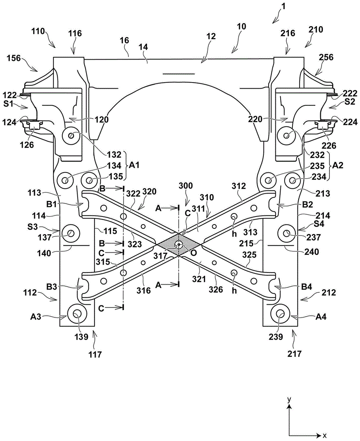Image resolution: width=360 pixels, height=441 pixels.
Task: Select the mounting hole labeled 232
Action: click(x=287, y=136)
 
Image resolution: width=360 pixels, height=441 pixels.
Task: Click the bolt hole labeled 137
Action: click(x=70, y=233)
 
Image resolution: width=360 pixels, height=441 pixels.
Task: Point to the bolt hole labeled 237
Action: click(x=287, y=233)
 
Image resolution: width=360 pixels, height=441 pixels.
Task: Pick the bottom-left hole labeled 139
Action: click(x=77, y=314)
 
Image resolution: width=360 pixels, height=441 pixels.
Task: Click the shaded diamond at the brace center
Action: click(x=178, y=244)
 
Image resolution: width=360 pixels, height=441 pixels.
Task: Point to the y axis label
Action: click(x=289, y=399)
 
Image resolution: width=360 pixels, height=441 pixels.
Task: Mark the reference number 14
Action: click(x=143, y=47)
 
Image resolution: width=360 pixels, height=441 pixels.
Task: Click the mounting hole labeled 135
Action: click(x=90, y=180)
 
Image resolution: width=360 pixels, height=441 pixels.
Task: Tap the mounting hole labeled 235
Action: click(x=268, y=180)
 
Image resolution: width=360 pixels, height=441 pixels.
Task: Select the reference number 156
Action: click(x=14, y=58)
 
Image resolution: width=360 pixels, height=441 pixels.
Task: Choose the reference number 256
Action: click(x=326, y=57)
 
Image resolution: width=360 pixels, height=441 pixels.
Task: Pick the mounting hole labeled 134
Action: click(x=65, y=180)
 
